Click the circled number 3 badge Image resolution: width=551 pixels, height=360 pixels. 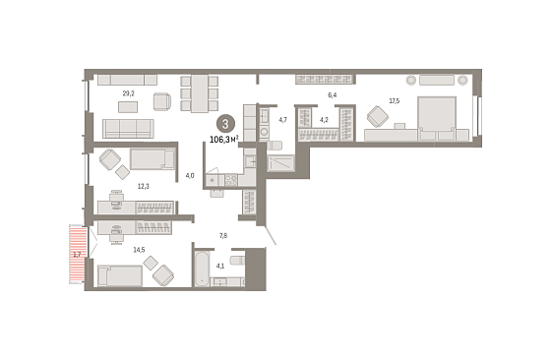coord(225,124)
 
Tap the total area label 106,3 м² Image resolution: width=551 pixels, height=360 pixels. coord(224,140)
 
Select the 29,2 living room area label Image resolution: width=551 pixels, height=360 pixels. coord(128,93)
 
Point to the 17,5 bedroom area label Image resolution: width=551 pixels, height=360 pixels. coord(394,101)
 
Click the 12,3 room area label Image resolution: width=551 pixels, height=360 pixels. coord(143,186)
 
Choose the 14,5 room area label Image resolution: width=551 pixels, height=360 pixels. coord(139,250)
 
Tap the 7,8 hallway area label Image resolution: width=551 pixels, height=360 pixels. coord(223,236)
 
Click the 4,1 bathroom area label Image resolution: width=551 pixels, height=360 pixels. coord(220,266)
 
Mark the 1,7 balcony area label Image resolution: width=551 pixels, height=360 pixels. coord(77,255)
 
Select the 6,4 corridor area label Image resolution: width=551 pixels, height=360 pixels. coord(333,95)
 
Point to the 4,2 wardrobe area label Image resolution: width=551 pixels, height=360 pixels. coord(324,120)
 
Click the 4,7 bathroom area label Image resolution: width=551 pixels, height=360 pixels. coord(282,120)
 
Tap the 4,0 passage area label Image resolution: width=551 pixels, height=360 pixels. coord(190,176)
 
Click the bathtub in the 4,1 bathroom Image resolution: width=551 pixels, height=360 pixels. coord(202,269)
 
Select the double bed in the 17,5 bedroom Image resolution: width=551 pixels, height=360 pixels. coord(437,119)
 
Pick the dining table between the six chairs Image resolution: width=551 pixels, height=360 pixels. coord(200,93)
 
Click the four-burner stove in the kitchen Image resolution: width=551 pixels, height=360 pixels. coord(231,180)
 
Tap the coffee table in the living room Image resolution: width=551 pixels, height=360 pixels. coord(128,107)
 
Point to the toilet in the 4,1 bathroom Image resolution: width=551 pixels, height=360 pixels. coord(237,261)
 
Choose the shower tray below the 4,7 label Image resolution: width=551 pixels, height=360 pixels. coord(280,163)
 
